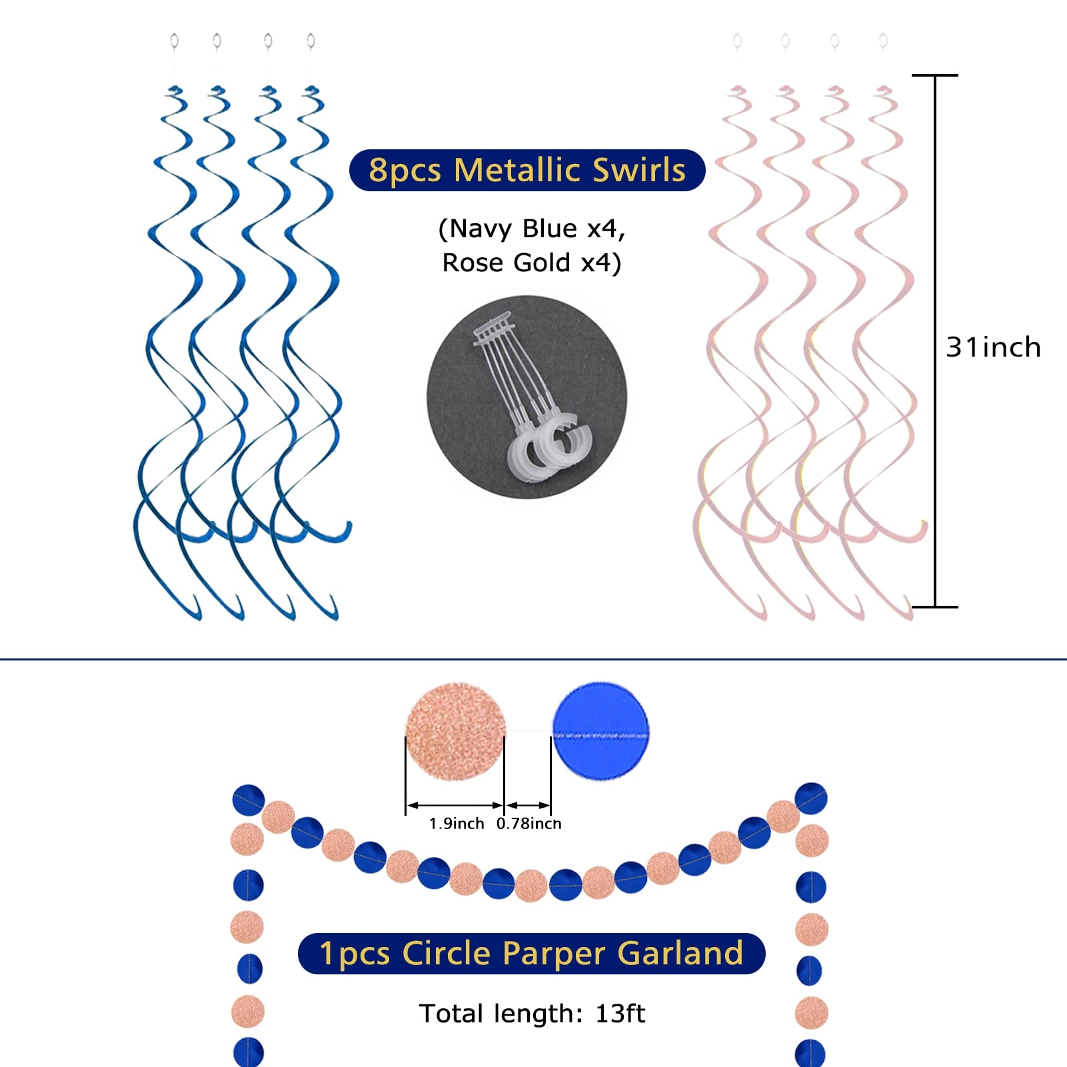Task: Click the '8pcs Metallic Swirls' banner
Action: tap(527, 170)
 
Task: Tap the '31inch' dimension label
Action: tap(993, 347)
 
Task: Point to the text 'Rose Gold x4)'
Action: tap(532, 263)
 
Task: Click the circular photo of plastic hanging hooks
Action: tap(527, 397)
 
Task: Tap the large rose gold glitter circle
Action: tap(455, 731)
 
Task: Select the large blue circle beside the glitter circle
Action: tap(600, 730)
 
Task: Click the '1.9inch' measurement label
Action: tap(457, 824)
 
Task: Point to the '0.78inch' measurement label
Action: tap(529, 824)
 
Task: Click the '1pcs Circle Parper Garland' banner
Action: tap(531, 953)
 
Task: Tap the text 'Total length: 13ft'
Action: tap(532, 1014)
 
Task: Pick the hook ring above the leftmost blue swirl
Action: tap(174, 41)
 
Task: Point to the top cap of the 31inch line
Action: tap(935, 75)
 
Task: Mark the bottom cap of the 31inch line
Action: tap(935, 606)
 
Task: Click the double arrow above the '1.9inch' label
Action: tap(455, 805)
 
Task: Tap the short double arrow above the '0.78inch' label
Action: tap(528, 805)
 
